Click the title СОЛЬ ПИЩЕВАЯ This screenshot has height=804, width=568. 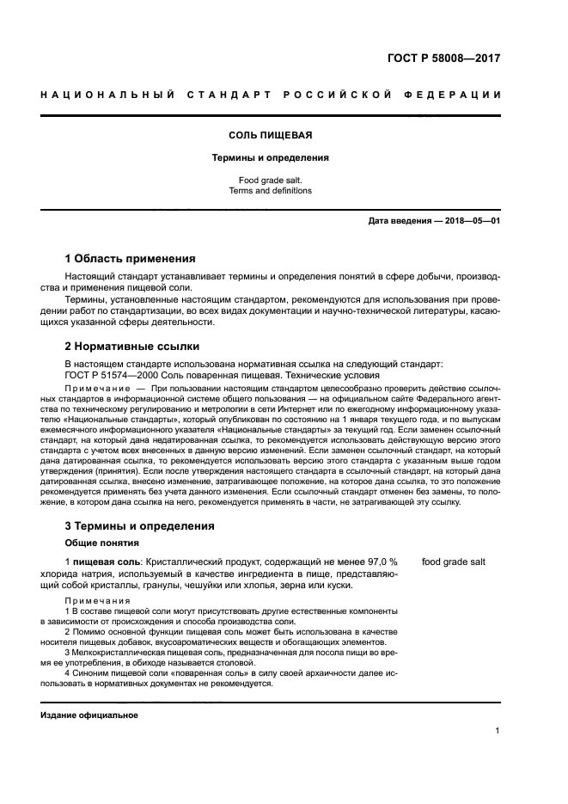270,136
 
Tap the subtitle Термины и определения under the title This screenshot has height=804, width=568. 270,158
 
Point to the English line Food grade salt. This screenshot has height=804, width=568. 270,180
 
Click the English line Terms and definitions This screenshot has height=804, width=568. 270,191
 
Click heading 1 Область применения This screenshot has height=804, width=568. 131,258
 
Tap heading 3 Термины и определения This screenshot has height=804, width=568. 140,525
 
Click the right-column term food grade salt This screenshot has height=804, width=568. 454,562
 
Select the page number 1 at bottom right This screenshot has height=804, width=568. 498,731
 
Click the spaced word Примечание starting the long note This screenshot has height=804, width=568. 95,389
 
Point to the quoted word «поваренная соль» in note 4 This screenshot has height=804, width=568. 190,673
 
